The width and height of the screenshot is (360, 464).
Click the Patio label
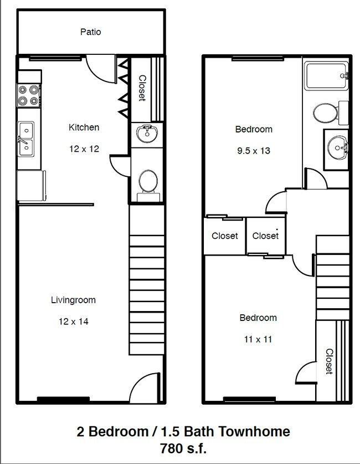point(90,32)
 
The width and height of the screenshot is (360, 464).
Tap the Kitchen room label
point(84,128)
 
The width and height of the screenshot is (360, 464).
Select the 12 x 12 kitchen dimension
point(84,149)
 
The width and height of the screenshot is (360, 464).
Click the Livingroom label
point(73,300)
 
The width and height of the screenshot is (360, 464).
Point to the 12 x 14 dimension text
point(73,321)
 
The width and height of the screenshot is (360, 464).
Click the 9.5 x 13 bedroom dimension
point(253,150)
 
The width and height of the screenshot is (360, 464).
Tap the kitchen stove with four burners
point(29,95)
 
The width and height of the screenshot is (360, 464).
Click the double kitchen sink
point(25,139)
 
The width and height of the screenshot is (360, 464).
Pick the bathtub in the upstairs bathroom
point(326,76)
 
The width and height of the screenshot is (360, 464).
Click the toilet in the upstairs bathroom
point(327,114)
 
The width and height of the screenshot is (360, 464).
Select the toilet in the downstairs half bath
point(148,182)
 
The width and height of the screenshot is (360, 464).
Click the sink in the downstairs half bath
point(147,134)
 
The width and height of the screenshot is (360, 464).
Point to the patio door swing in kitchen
point(101,68)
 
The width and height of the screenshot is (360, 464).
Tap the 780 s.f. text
point(182,447)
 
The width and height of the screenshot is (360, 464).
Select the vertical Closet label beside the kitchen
point(142,88)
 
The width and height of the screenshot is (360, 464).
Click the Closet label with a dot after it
point(266,236)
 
